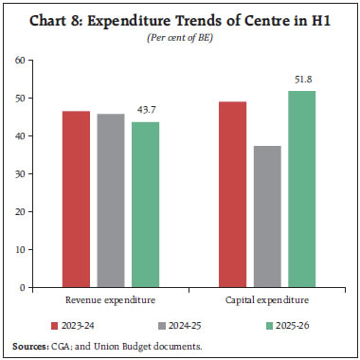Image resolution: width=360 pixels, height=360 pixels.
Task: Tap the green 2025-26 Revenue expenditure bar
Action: [145, 204]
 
